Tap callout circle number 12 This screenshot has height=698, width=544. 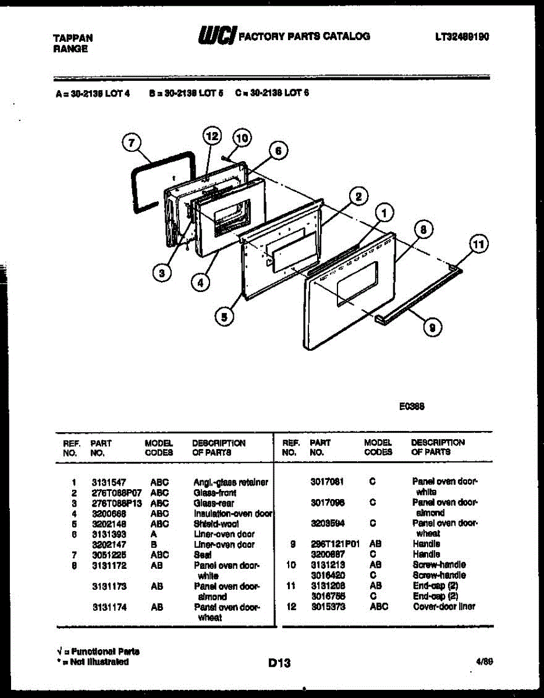click(212, 137)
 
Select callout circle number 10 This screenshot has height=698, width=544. click(241, 138)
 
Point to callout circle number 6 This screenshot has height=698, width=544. click(278, 151)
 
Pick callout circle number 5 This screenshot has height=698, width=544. click(223, 316)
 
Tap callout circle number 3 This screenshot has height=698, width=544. click(164, 272)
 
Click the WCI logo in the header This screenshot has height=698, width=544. click(217, 36)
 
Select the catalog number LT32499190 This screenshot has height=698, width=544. click(461, 37)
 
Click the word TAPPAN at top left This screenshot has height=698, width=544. click(73, 38)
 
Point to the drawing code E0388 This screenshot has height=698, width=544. click(411, 407)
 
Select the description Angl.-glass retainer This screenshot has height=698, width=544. click(230, 482)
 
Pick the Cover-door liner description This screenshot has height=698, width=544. click(443, 607)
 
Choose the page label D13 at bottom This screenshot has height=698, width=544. click(280, 662)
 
